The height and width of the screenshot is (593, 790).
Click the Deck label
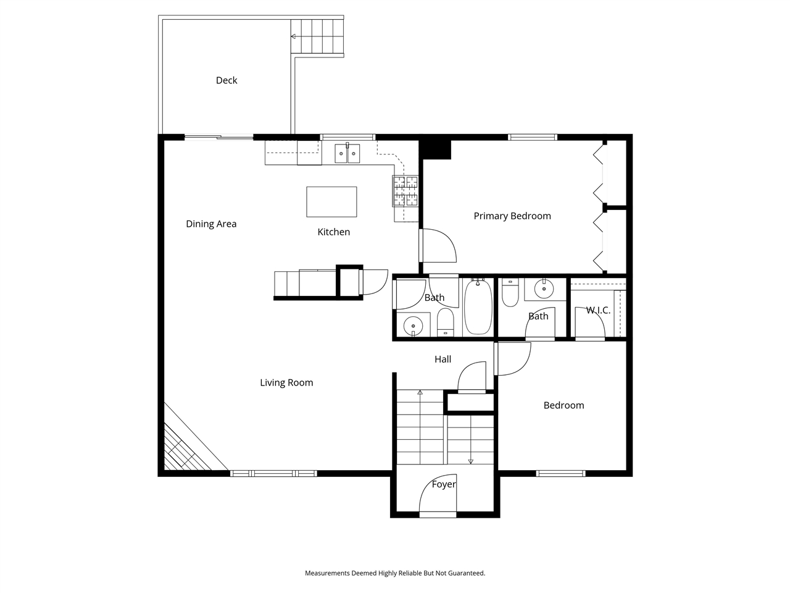pyautogui.click(x=227, y=80)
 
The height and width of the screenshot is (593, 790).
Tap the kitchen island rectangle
pyautogui.click(x=331, y=202)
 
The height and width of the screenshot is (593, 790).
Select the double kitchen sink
pyautogui.click(x=347, y=153)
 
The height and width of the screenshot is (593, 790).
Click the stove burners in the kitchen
pyautogui.click(x=405, y=190)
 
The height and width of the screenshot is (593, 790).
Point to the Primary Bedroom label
pyautogui.click(x=512, y=216)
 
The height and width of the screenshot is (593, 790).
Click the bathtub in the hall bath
pyautogui.click(x=478, y=307)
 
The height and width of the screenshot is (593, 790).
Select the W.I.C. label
pyautogui.click(x=598, y=310)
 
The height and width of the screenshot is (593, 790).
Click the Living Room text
pyautogui.click(x=286, y=383)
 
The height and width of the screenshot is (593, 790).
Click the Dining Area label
pyautogui.click(x=211, y=224)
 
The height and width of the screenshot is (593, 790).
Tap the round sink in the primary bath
pyautogui.click(x=544, y=287)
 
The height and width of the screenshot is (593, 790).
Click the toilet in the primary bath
pyautogui.click(x=510, y=293)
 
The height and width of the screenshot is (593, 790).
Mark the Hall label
pyautogui.click(x=443, y=360)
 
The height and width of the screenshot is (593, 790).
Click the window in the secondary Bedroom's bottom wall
pyautogui.click(x=560, y=474)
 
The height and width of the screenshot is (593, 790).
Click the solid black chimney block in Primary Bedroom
pyautogui.click(x=435, y=149)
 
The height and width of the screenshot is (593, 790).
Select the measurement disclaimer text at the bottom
pyautogui.click(x=395, y=573)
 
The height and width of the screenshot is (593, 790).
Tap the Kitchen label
pyautogui.click(x=333, y=232)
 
